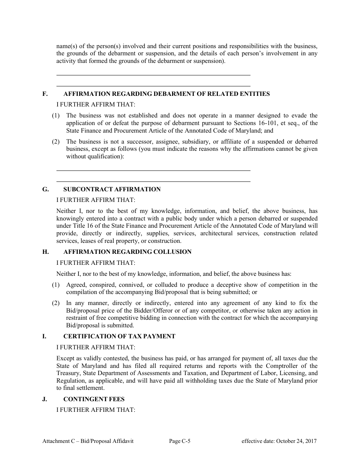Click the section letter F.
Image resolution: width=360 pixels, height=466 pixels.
pyautogui.click(x=44, y=94)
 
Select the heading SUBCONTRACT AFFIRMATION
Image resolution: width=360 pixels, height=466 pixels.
pyautogui.click(x=112, y=189)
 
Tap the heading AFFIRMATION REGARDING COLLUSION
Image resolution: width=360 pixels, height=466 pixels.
pyautogui.click(x=127, y=252)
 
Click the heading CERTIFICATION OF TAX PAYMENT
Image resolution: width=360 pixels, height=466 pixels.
pyautogui.click(x=119, y=336)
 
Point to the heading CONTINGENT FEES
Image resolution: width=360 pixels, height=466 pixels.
pyautogui.click(x=94, y=399)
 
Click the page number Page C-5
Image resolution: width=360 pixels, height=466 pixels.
pyautogui.click(x=180, y=441)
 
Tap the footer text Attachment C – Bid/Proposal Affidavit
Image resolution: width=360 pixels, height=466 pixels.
pyautogui.click(x=88, y=441)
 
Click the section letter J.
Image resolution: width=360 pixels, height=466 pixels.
pyautogui.click(x=44, y=399)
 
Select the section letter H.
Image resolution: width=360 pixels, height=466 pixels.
pyautogui.click(x=45, y=252)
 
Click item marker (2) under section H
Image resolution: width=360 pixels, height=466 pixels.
pyautogui.click(x=56, y=303)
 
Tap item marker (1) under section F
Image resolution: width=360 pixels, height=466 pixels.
pyautogui.click(x=56, y=116)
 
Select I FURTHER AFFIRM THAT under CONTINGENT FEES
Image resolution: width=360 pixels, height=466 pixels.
pyautogui.click(x=95, y=410)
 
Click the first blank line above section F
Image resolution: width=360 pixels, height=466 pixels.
pyautogui.click(x=153, y=75)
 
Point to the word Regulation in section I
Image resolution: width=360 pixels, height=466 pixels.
pyautogui.click(x=70, y=381)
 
